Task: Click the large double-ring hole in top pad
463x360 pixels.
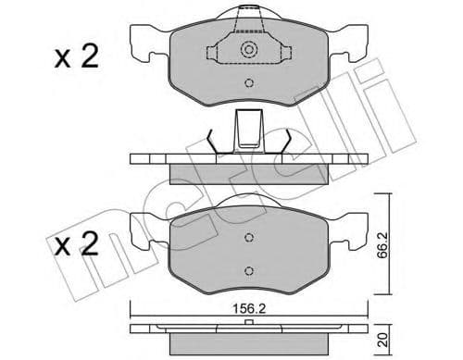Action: (x=247, y=51)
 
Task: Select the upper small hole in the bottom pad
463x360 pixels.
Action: (x=248, y=238)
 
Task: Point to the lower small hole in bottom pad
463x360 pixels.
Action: (x=248, y=270)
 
